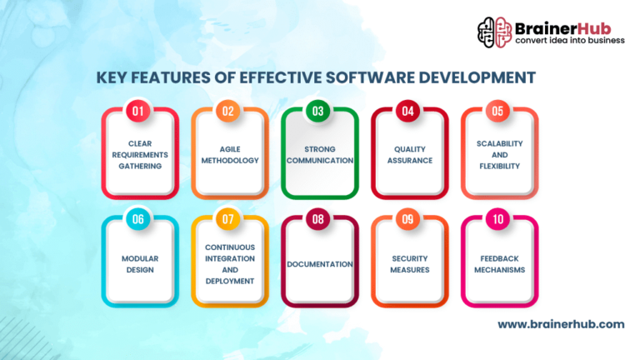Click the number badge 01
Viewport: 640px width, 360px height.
138,110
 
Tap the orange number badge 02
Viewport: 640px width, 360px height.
228,110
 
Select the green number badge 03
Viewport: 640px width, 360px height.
318,110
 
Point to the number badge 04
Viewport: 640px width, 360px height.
408,110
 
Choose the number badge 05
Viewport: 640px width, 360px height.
498,110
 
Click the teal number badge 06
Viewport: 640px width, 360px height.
138,219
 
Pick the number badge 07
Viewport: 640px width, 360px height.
228,219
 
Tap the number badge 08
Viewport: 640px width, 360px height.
318,219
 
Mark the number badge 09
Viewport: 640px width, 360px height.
408,219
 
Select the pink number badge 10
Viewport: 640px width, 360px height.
498,219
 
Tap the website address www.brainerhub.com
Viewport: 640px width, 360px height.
561,323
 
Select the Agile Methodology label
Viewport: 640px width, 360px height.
230,154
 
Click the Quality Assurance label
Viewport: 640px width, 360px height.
410,154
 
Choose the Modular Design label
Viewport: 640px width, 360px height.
140,264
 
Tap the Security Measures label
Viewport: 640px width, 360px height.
410,264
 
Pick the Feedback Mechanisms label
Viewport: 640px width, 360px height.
500,264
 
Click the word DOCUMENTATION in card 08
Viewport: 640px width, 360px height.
320,264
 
